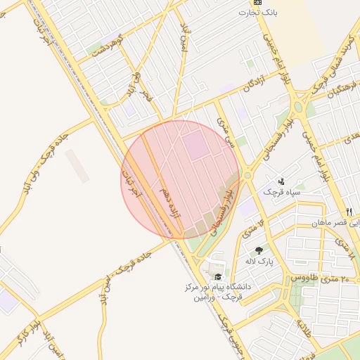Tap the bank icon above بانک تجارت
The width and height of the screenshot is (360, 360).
coord(258,3)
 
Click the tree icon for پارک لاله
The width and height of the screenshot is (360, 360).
coord(259,250)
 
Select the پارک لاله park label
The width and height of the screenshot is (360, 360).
coord(259,262)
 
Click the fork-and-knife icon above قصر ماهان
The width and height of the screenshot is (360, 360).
coord(348,212)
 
